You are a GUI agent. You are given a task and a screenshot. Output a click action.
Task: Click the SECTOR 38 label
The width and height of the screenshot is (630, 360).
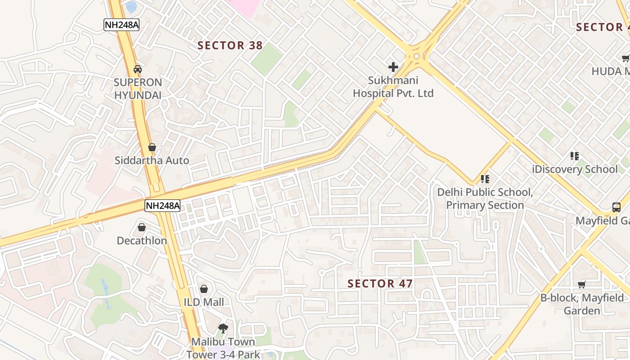(230, 45)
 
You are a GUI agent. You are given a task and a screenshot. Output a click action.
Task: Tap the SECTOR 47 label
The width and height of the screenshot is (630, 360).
(380, 283)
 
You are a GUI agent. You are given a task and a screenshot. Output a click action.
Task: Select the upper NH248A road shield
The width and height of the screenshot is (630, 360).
(121, 25)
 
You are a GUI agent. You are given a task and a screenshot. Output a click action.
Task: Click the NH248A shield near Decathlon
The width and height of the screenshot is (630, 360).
(162, 206)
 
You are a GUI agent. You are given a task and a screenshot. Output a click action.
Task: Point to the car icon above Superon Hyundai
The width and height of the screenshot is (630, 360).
(138, 69)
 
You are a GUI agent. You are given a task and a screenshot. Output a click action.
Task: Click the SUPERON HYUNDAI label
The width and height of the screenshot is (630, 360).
(138, 89)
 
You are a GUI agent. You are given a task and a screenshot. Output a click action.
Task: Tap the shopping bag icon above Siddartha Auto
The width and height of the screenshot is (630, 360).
(152, 147)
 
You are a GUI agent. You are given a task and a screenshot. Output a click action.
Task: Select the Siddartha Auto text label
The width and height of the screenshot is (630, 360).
(152, 161)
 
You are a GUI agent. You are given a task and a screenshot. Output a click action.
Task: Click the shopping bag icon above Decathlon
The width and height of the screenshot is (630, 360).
(142, 227)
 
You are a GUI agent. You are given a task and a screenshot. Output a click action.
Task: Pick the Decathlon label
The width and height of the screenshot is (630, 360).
(142, 241)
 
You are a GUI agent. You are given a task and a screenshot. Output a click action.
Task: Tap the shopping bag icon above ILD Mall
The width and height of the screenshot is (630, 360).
(204, 289)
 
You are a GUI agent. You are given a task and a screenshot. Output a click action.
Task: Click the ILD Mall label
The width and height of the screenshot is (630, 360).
(204, 302)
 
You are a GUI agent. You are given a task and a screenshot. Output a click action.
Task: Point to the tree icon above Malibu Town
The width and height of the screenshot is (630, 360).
(223, 328)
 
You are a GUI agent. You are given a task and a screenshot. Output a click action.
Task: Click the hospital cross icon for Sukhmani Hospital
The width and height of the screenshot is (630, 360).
(393, 67)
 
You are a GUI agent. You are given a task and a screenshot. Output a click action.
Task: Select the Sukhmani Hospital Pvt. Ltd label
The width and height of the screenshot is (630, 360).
(393, 87)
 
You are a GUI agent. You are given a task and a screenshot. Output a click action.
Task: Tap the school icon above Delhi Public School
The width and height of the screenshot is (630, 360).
(485, 179)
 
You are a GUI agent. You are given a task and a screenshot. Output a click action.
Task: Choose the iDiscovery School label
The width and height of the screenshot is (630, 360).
(575, 170)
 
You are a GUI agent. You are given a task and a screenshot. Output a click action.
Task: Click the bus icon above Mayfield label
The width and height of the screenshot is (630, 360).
(616, 207)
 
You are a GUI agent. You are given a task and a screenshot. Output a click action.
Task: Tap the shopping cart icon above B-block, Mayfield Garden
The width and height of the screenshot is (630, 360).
(582, 284)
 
